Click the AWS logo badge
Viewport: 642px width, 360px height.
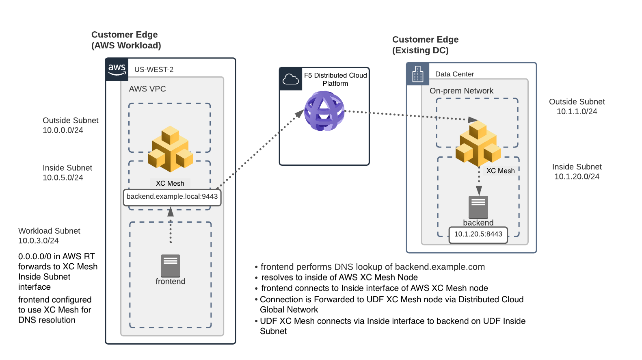pyautogui.click(x=117, y=69)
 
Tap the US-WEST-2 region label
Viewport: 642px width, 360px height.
pyautogui.click(x=154, y=69)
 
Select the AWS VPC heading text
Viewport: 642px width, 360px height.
pyautogui.click(x=147, y=89)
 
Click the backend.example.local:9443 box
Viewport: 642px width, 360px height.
pyautogui.click(x=172, y=197)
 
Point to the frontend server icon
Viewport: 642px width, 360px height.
pyautogui.click(x=171, y=265)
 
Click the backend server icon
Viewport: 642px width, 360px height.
pyautogui.click(x=478, y=207)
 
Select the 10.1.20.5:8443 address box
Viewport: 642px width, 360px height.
pyautogui.click(x=478, y=234)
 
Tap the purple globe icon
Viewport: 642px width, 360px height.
pyautogui.click(x=324, y=111)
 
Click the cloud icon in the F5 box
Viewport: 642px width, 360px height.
pyautogui.click(x=291, y=79)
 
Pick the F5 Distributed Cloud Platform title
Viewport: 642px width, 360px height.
pyautogui.click(x=335, y=79)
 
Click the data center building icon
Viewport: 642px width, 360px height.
pyautogui.click(x=418, y=74)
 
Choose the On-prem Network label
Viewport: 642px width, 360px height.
pyautogui.click(x=461, y=91)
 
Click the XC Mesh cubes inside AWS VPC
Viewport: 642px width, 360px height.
pyautogui.click(x=170, y=149)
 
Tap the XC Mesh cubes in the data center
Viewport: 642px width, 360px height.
pyautogui.click(x=478, y=143)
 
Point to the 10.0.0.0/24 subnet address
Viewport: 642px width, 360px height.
pyautogui.click(x=63, y=130)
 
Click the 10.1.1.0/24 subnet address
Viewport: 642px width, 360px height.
pyautogui.click(x=577, y=112)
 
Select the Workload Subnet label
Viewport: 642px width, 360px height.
pyautogui.click(x=49, y=231)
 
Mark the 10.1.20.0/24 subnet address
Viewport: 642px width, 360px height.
pyautogui.click(x=577, y=177)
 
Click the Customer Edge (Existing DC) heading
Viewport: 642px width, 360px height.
pyautogui.click(x=425, y=45)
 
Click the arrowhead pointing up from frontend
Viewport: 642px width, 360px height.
pyautogui.click(x=171, y=212)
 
